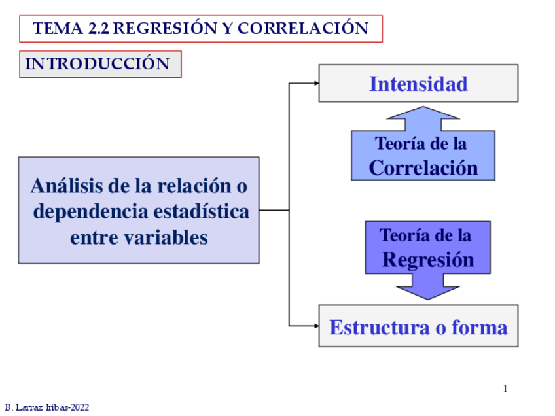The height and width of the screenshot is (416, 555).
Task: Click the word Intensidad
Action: tap(418, 84)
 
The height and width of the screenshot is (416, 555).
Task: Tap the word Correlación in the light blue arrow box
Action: tap(423, 167)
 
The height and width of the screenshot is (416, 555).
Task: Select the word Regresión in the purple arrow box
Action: tap(427, 260)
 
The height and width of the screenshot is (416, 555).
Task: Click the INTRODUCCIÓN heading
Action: tap(98, 63)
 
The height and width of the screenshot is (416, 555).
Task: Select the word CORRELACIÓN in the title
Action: tap(303, 29)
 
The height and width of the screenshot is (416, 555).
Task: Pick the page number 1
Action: tap(505, 389)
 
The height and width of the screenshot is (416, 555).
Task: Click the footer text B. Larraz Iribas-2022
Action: tap(47, 407)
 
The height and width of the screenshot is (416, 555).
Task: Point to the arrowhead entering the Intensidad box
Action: tap(317, 83)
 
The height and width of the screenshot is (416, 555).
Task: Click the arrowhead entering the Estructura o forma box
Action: tap(317, 325)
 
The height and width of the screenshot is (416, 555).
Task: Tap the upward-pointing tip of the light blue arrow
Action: tap(423, 109)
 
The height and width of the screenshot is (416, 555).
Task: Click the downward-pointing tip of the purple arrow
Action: tap(427, 298)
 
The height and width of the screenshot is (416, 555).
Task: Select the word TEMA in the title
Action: tap(58, 29)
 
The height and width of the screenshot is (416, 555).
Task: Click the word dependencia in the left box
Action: tap(90, 212)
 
